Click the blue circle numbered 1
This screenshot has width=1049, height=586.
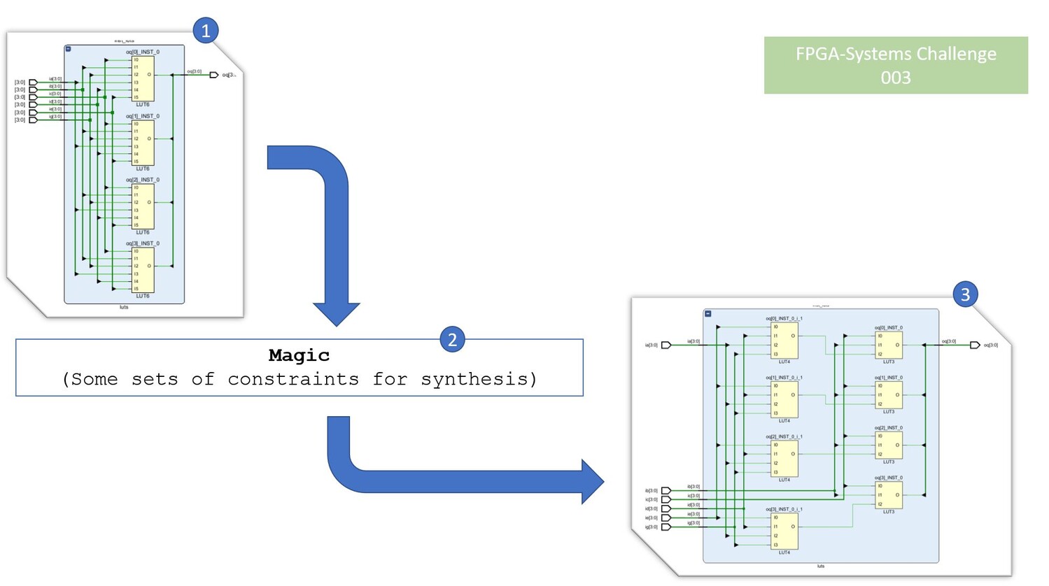206,31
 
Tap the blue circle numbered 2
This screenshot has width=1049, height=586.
452,340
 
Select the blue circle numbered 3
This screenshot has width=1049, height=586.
965,294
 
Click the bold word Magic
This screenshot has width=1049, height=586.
299,355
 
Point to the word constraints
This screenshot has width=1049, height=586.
293,379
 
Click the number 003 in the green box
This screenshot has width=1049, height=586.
896,78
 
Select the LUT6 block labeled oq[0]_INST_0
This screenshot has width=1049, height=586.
143,78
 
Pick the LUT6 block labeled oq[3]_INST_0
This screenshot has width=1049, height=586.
143,270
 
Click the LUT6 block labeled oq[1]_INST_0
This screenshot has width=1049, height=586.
143,143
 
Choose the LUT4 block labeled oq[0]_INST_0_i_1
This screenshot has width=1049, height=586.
784,341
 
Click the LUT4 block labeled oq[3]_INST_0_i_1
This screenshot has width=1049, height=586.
784,531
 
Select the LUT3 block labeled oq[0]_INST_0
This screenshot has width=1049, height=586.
888,345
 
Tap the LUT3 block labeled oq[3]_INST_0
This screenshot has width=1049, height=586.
888,495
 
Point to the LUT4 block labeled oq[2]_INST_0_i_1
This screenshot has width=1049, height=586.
784,459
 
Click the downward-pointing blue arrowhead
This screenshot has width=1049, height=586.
337,313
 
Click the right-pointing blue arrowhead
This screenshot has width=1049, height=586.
592,482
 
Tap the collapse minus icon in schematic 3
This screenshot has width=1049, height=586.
708,314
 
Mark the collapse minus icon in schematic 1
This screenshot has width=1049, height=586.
68,49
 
